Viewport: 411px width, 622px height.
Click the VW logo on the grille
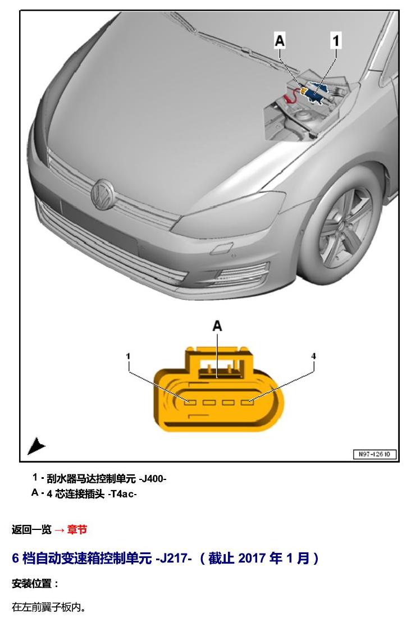[x=102, y=194]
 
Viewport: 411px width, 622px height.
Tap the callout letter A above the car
[x=280, y=41]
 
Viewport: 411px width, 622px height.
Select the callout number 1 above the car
[x=336, y=41]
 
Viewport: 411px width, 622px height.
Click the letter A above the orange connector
[x=217, y=326]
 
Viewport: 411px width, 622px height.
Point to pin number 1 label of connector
[x=128, y=356]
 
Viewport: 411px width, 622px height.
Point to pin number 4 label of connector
[x=313, y=356]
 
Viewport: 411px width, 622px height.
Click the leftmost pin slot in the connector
[x=190, y=403]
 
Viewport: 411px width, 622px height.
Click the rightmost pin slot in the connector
[x=247, y=403]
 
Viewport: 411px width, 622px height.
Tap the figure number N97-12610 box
[x=374, y=454]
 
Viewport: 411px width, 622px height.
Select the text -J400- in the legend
[x=152, y=479]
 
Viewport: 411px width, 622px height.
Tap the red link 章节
[x=77, y=529]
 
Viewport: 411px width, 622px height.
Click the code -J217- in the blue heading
[x=173, y=559]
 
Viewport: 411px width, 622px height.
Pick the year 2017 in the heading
[x=252, y=559]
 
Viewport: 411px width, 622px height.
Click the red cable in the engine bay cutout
[x=291, y=95]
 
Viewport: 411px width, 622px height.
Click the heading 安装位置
[x=35, y=584]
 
